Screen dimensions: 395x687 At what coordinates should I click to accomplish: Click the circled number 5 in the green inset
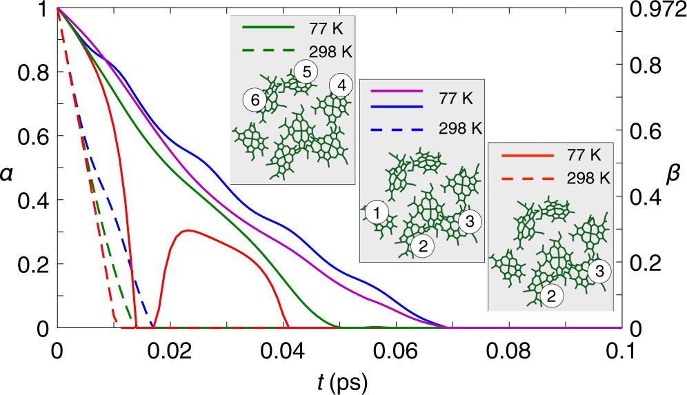tap(306, 70)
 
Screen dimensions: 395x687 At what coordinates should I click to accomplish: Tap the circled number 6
tap(255, 101)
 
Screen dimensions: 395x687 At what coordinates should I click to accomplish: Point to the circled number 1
tap(377, 212)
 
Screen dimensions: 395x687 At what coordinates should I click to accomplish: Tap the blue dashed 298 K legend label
tap(461, 128)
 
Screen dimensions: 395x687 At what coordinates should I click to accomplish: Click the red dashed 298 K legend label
tap(588, 176)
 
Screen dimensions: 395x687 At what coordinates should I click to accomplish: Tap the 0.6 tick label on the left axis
tap(31, 136)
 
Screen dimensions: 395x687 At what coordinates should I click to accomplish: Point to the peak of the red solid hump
tap(187, 230)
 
